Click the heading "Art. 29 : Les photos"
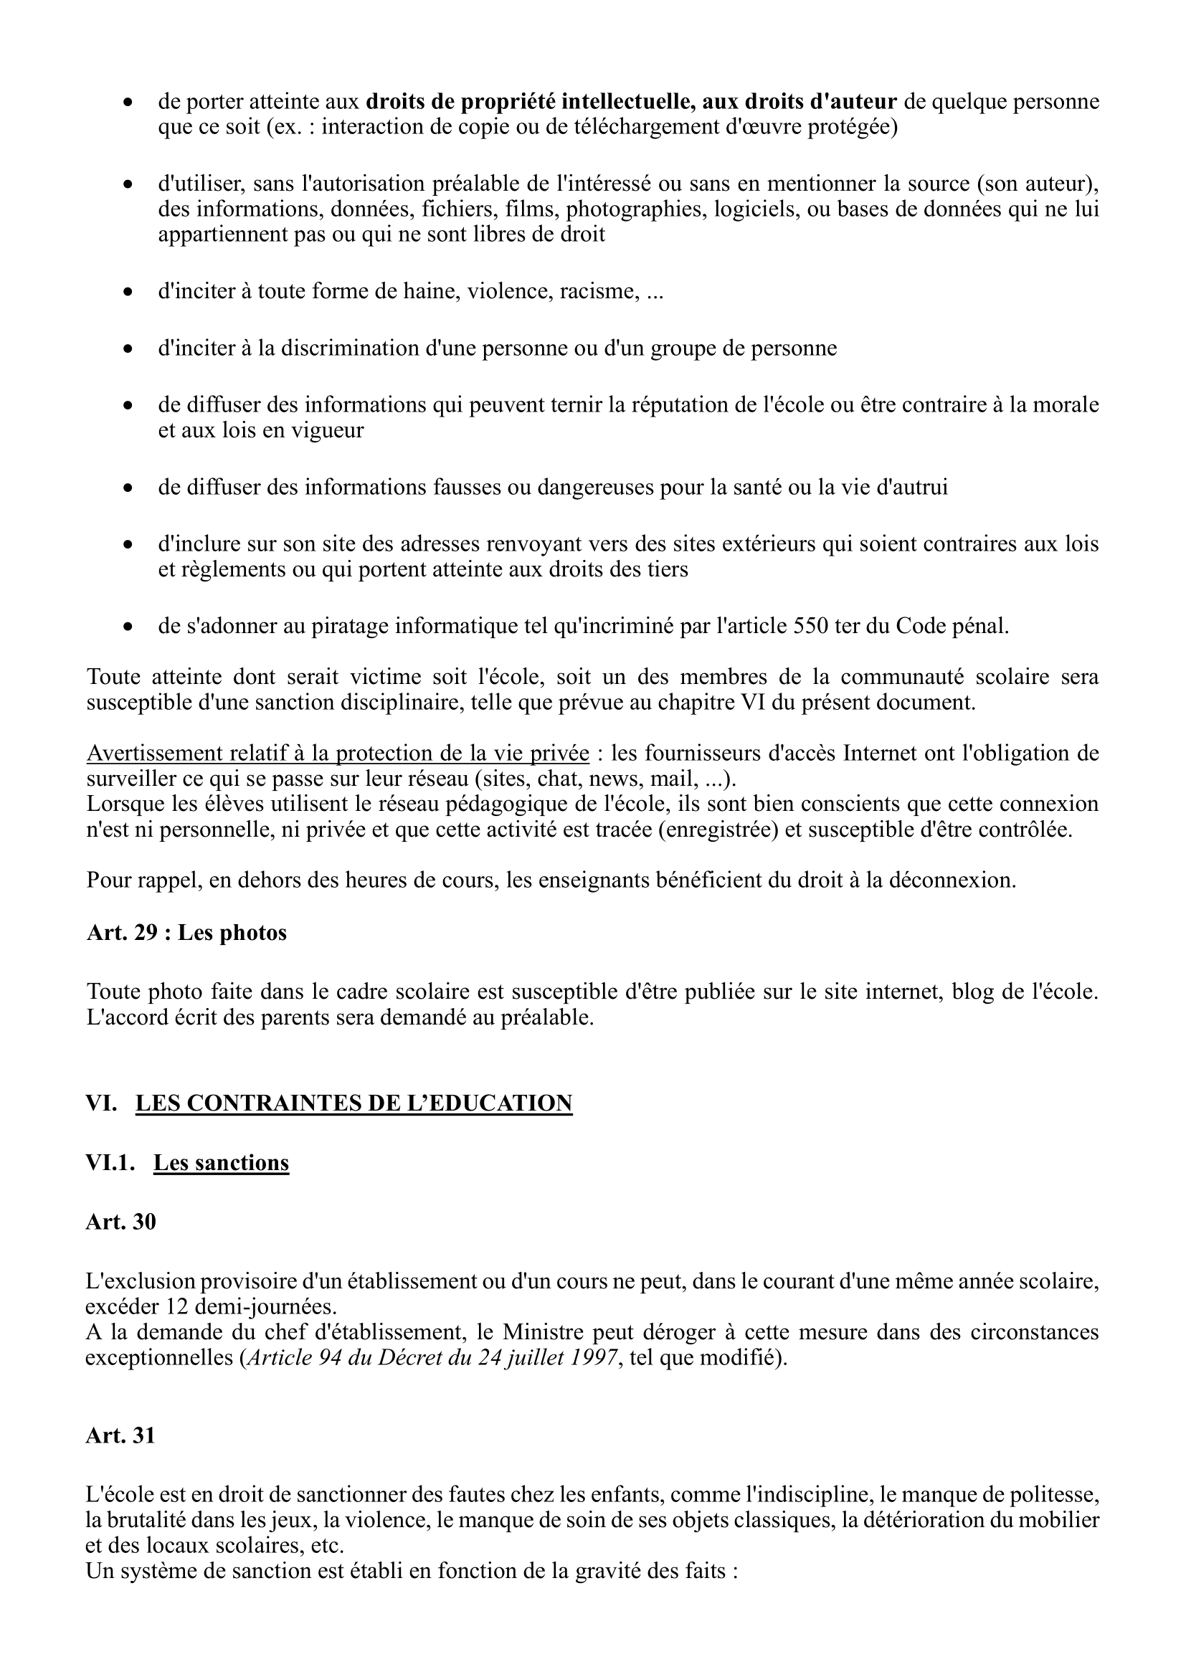pos(186,933)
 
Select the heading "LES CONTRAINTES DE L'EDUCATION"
pos(354,1103)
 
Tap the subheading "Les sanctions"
pos(221,1163)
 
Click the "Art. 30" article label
pos(120,1222)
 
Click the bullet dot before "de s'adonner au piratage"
pos(128,627)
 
